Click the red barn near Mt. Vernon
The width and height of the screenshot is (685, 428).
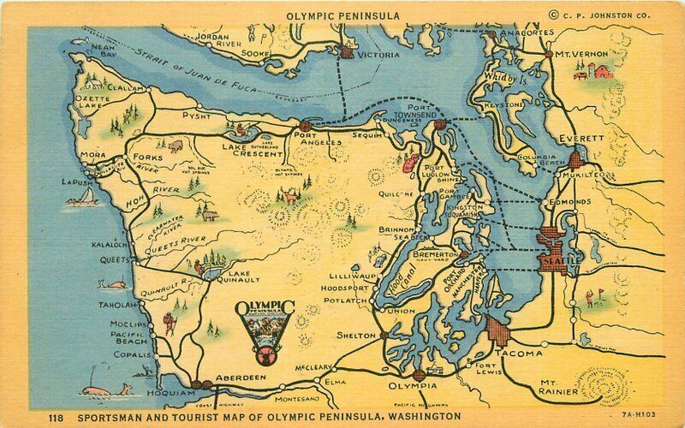click(x=604, y=70)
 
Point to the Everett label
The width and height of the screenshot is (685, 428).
click(x=581, y=138)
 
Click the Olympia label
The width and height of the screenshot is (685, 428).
click(x=412, y=362)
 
